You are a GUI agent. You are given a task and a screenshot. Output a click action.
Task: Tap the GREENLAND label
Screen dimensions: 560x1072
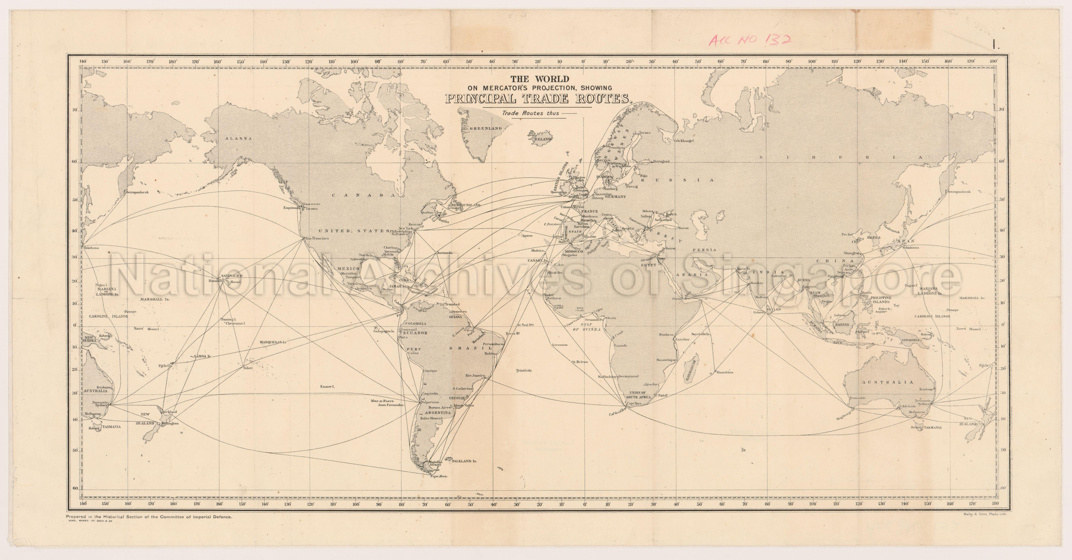pos(486,128)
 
